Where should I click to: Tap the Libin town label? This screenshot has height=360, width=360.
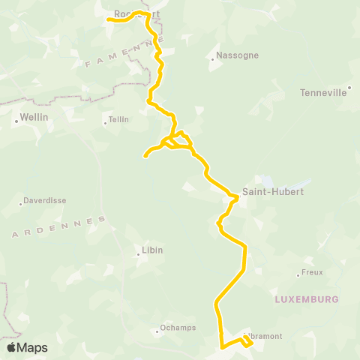point(152,250)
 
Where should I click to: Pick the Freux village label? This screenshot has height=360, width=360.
point(311,272)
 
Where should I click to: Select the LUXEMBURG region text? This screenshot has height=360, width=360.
point(307,298)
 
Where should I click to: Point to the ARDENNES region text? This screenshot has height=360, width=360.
point(60,227)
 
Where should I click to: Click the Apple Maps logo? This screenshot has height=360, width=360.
point(27,347)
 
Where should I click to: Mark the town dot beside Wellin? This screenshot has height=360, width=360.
point(16,118)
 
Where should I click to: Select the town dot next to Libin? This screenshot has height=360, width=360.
point(139,255)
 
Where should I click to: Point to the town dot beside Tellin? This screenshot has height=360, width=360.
point(106,120)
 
